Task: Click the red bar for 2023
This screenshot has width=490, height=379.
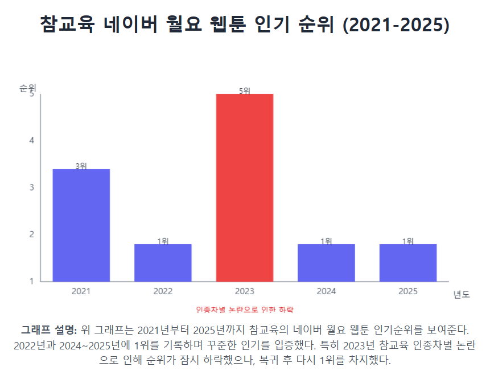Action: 245,187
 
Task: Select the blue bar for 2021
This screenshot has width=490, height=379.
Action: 81,225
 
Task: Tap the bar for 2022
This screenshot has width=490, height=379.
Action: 163,262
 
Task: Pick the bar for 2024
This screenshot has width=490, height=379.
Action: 326,262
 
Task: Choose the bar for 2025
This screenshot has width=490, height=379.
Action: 408,262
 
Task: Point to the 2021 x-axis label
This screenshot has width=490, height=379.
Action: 81,291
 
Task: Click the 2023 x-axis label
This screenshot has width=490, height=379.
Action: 245,291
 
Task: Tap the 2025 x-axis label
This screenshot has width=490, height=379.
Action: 408,291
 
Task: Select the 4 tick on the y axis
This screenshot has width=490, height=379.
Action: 32,141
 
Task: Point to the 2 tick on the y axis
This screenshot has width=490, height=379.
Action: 32,234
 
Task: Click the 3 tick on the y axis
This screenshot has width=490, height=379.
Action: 32,187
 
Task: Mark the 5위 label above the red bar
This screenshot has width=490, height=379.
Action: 245,90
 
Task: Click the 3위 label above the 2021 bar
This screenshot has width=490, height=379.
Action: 81,166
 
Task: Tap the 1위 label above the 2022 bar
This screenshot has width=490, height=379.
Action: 163,241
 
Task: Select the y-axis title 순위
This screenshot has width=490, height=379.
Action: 28,88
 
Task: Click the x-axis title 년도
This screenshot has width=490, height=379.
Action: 462,294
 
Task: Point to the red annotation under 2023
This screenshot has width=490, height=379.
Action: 245,309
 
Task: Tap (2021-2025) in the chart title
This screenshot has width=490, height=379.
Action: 396,24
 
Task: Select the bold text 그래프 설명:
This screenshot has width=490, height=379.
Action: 49,329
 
